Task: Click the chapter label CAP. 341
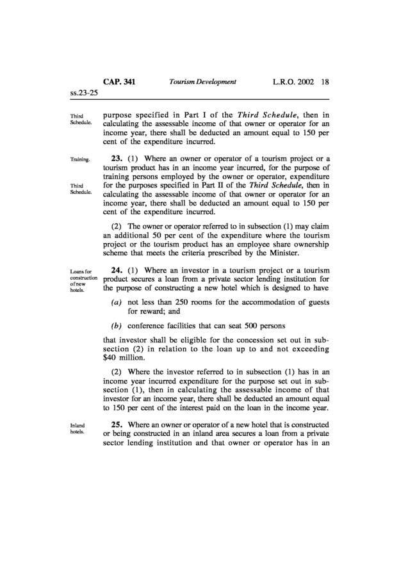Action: tap(119, 82)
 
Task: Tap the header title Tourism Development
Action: tap(202, 82)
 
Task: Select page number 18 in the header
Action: tap(325, 82)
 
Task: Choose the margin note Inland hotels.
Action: tap(77, 428)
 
